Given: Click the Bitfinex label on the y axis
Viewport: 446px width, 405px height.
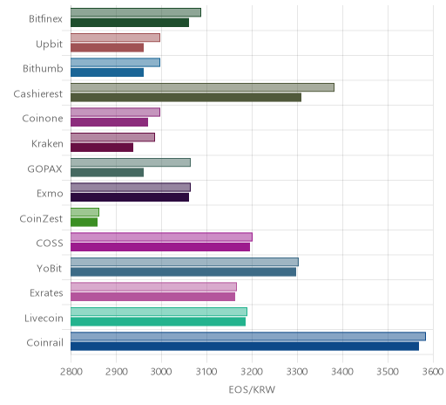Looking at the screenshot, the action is pyautogui.click(x=45, y=18).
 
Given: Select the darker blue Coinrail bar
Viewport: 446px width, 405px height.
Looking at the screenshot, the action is pyautogui.click(x=245, y=347).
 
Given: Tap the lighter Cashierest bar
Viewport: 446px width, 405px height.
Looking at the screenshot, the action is pyautogui.click(x=202, y=87).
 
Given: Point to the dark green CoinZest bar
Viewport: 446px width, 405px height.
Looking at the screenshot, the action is pyautogui.click(x=84, y=222).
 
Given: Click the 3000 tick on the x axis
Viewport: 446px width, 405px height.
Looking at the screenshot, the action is pyautogui.click(x=161, y=372).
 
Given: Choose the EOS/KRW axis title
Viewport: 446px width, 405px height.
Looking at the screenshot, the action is pyautogui.click(x=252, y=389).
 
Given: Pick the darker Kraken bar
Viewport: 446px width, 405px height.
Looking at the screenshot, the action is pyautogui.click(x=102, y=148).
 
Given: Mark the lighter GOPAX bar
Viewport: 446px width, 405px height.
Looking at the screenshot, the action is pyautogui.click(x=131, y=162).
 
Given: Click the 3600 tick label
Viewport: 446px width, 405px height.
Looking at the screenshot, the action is pyautogui.click(x=433, y=372).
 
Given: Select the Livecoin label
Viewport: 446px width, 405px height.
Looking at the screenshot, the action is pyautogui.click(x=44, y=318).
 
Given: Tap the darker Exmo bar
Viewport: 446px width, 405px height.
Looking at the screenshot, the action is pyautogui.click(x=130, y=197).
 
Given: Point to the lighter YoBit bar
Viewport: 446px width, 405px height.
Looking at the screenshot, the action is pyautogui.click(x=185, y=262).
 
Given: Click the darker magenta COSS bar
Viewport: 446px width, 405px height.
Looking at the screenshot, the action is pyautogui.click(x=160, y=247).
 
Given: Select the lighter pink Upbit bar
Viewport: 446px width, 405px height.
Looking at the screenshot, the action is pyautogui.click(x=115, y=38).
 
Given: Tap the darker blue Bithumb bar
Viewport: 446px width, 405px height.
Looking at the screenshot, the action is pyautogui.click(x=107, y=72).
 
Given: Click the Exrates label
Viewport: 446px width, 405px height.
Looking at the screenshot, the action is pyautogui.click(x=46, y=292).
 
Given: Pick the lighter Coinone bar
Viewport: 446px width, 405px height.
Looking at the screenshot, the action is pyautogui.click(x=115, y=113).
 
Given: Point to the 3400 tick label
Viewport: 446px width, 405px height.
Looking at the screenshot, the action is pyautogui.click(x=342, y=372).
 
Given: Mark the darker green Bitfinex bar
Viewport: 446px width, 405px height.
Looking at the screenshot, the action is pyautogui.click(x=130, y=23).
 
